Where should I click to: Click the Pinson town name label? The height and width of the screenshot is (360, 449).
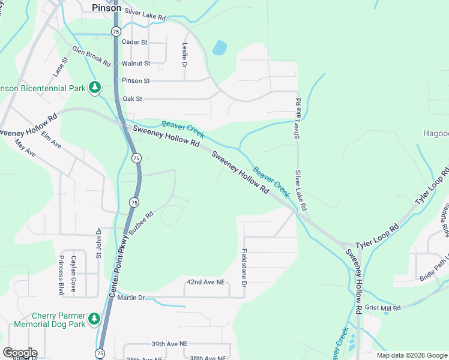coord(107,8)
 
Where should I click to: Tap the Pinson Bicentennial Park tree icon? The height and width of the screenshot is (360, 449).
coord(94,88)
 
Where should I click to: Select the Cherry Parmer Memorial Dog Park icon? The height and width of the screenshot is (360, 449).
coord(94,320)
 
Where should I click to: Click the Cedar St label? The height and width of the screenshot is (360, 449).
coord(134,42)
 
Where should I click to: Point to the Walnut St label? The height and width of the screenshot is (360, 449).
coord(135,62)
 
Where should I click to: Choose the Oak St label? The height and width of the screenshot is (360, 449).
coord(132,98)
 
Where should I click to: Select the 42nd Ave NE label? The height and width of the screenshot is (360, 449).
coord(205,281)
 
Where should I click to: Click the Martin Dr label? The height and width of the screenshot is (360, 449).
coord(131,298)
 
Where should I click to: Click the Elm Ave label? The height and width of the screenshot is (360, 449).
coord(52,137)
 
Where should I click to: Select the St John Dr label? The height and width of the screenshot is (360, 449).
coord(99,243)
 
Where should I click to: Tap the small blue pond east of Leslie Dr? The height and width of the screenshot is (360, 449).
coord(220,47)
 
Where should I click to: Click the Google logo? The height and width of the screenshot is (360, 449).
coord(20,353)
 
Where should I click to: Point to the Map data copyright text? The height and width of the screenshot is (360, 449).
coord(411,355)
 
